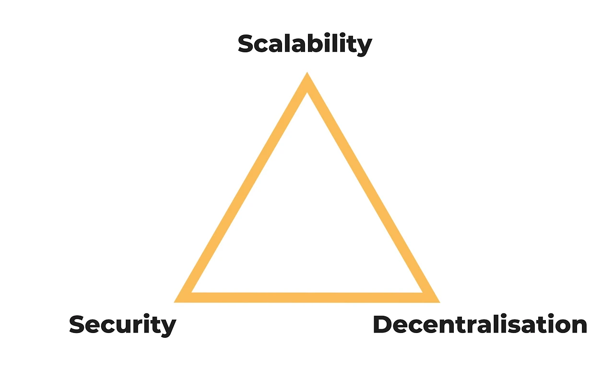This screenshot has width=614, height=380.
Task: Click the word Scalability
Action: (305, 44)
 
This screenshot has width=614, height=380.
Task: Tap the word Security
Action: (122, 325)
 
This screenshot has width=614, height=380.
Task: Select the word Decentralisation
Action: (480, 325)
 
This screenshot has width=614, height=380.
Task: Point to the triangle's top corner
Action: (307, 78)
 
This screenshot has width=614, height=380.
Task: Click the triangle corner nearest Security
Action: (180, 298)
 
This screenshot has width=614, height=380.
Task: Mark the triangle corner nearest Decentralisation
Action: (434, 298)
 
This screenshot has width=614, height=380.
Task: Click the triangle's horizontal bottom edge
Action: (307, 297)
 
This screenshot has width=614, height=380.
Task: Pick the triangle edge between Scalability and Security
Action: (245, 187)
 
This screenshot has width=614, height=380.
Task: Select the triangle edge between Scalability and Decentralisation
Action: (369, 187)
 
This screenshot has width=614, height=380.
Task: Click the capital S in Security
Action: (78, 325)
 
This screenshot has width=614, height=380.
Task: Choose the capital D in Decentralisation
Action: (383, 325)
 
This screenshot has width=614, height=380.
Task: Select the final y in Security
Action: (168, 328)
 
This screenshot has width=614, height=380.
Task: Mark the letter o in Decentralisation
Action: (560, 326)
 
